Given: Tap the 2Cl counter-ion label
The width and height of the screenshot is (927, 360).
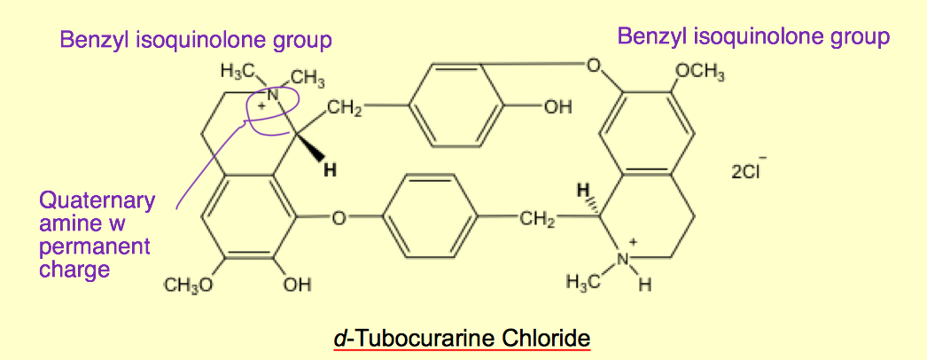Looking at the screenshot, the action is [748, 171].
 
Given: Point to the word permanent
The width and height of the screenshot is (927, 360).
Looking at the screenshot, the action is [95, 246].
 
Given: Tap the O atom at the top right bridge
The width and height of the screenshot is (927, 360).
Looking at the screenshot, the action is [595, 65].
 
